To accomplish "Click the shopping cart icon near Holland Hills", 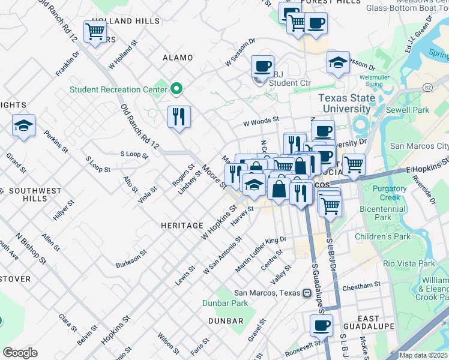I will pyautogui.click(x=95, y=31).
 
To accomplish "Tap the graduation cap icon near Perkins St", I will pyautogui.click(x=23, y=125).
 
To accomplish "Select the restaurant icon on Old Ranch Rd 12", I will pyautogui.click(x=178, y=116).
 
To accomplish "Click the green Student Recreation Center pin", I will pyautogui.click(x=176, y=89).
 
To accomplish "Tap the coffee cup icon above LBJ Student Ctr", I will pyautogui.click(x=262, y=66).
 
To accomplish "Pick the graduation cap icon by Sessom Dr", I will pyautogui.click(x=338, y=62).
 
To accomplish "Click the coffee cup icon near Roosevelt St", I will pyautogui.click(x=321, y=326).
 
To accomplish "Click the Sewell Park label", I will pyautogui.click(x=408, y=110).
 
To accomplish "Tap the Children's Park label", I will pyautogui.click(x=382, y=236).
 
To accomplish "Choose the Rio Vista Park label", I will pyautogui.click(x=409, y=263).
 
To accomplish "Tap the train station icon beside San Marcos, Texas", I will pyautogui.click(x=307, y=293).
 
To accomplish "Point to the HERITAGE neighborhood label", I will pyautogui.click(x=182, y=226).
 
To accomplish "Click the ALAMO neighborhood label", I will pyautogui.click(x=178, y=58).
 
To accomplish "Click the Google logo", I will pyautogui.click(x=20, y=352).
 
